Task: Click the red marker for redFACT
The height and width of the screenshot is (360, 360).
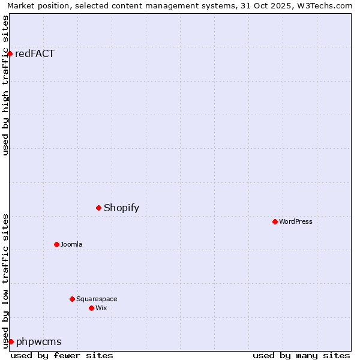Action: (10, 53)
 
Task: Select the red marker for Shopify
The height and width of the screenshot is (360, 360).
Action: (99, 208)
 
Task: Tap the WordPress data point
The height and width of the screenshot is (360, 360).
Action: (275, 221)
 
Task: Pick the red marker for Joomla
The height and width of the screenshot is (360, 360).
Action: (57, 244)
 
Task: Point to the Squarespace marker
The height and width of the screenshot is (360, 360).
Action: (73, 299)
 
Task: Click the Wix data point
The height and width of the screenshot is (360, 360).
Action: (92, 308)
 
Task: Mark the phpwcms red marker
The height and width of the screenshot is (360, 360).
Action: (11, 341)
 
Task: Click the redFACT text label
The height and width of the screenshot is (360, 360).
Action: (35, 53)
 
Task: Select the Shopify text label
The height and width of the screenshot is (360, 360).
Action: (121, 208)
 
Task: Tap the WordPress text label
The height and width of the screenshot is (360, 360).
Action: (296, 221)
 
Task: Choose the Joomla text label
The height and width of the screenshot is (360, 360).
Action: (71, 244)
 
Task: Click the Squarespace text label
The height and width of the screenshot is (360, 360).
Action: (97, 299)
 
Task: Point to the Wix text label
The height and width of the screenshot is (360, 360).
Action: (101, 308)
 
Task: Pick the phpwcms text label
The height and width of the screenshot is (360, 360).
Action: (39, 342)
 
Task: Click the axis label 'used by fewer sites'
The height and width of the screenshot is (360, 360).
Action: (62, 355)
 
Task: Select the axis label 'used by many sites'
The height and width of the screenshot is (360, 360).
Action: (301, 355)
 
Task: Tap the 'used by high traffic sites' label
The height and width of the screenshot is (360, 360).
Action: (5, 85)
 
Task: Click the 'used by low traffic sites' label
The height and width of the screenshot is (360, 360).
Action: (5, 281)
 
